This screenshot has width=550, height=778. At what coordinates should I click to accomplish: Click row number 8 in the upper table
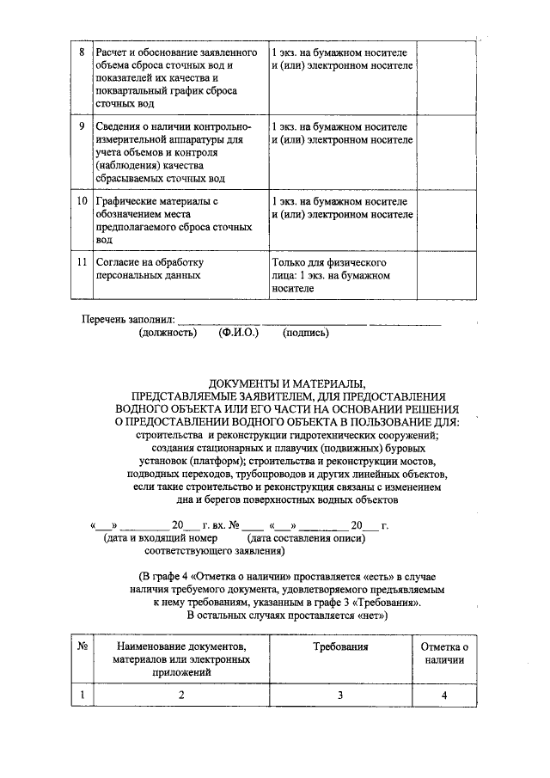coord(81,52)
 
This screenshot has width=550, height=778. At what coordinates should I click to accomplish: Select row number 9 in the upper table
coord(81,126)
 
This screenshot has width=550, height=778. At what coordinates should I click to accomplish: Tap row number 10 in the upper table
coord(81,200)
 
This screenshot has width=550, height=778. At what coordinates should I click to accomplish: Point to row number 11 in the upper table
coord(81,261)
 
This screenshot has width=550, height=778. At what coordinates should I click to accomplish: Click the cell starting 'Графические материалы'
coord(172,221)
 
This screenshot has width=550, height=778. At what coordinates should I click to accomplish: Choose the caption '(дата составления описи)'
coord(300,538)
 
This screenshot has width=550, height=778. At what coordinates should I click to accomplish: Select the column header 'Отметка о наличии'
coord(444,652)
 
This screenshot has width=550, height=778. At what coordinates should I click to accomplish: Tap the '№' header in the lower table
coord(80,646)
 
